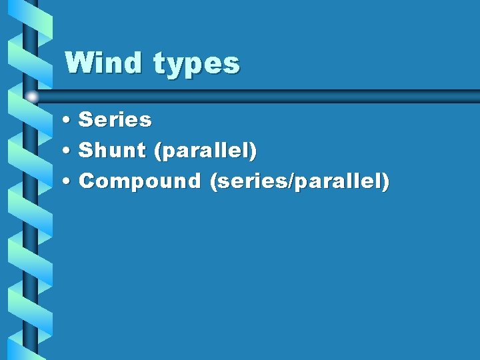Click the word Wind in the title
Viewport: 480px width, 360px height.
104,63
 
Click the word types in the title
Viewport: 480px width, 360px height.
196,65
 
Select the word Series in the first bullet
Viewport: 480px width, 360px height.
115,120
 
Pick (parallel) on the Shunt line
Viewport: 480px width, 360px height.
205,151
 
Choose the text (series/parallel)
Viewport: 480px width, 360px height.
299,181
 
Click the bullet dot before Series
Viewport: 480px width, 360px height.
69,121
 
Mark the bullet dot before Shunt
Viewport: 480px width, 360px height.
69,151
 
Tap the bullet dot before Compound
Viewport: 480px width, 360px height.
69,181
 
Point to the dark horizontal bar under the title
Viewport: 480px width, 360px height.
267,96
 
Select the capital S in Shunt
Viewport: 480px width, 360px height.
85,151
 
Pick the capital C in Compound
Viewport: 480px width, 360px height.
86,181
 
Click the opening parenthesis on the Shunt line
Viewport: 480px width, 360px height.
157,151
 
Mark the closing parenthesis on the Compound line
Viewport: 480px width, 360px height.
385,181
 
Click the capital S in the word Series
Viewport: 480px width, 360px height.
85,120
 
